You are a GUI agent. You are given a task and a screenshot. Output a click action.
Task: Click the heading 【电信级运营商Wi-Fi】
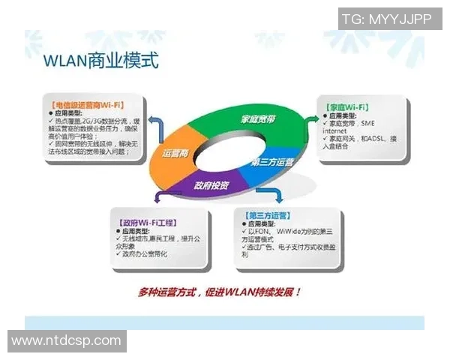[87, 104]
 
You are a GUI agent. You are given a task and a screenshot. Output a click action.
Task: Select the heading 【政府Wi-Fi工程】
[145, 223]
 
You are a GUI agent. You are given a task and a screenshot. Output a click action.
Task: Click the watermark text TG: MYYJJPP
[387, 19]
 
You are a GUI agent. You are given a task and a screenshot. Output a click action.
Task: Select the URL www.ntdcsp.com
[66, 340]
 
